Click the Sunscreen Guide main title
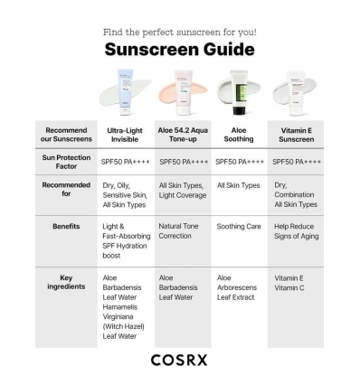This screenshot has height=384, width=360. pos(179,49)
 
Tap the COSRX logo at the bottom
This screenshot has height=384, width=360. pos(180,360)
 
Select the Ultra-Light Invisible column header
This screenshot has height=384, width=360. pos(125,134)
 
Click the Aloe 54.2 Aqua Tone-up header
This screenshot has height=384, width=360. pos(184,134)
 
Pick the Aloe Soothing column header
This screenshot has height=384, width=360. pos(239,134)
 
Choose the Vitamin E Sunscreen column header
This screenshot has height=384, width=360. pos(295,134)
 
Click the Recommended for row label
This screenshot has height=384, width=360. pos(66,190)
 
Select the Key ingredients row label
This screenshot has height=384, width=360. pos(66,282)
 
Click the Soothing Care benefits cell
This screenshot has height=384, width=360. pos(240,226)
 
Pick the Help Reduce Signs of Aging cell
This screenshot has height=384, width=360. pos(295,230)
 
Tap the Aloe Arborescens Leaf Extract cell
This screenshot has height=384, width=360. pos(237,286)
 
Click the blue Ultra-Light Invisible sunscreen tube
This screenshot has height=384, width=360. pos(125,90)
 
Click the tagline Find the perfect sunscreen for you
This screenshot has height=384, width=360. pos(180,32)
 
